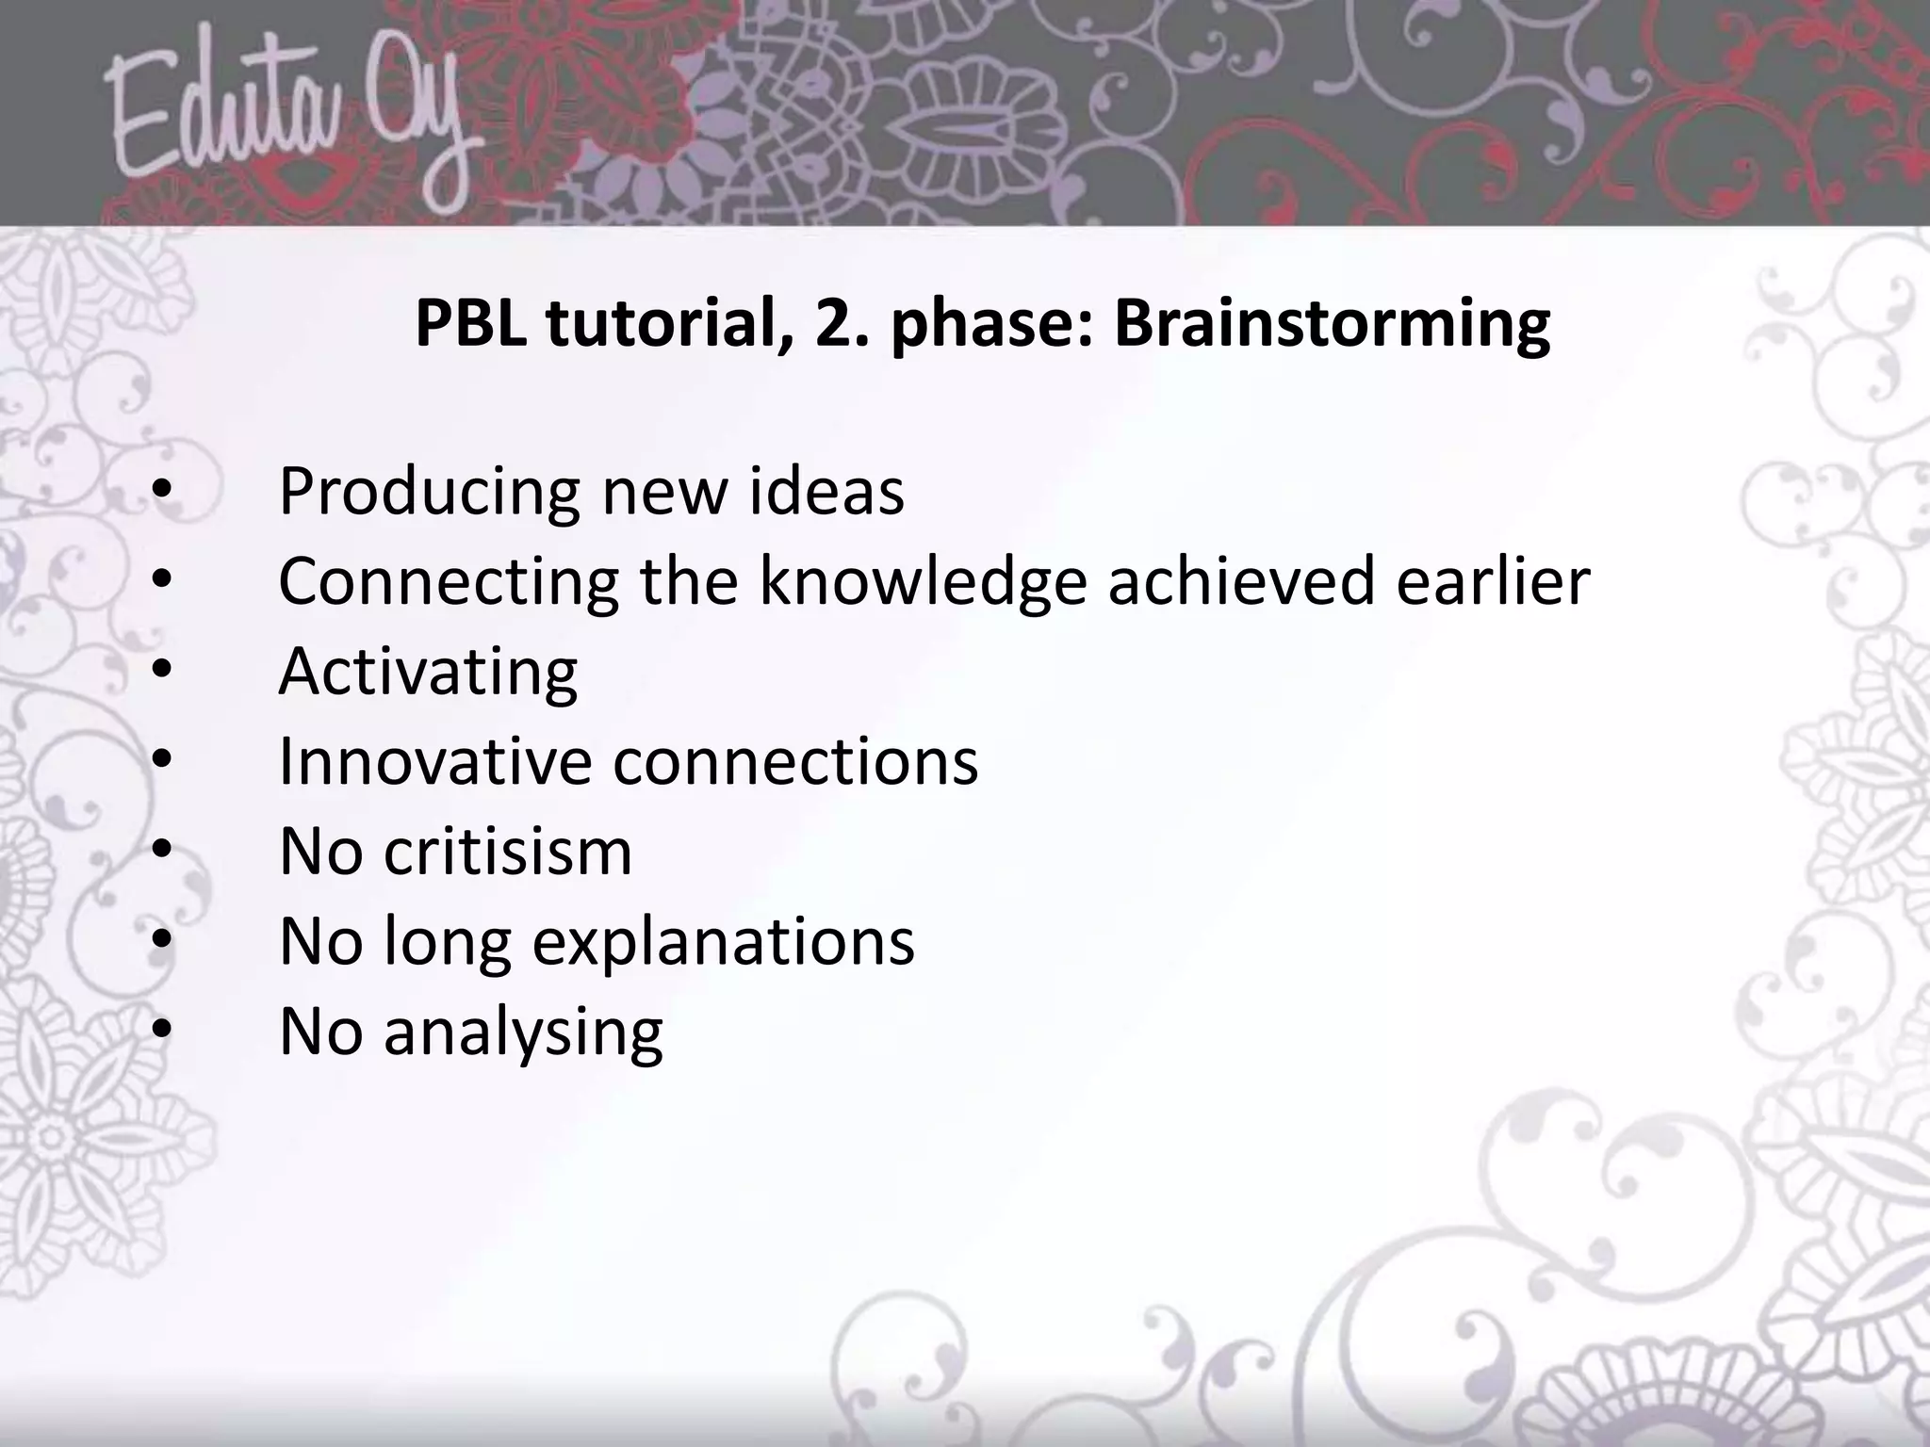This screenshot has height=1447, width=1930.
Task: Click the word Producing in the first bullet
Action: pyautogui.click(x=429, y=494)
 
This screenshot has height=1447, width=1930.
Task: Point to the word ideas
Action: pyautogui.click(x=826, y=492)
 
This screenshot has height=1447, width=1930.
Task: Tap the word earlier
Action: pyautogui.click(x=1493, y=581)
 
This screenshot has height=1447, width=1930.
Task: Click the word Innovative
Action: pyautogui.click(x=433, y=762)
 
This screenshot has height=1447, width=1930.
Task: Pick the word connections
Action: pyautogui.click(x=795, y=762)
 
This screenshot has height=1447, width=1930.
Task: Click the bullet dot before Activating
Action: pyautogui.click(x=162, y=670)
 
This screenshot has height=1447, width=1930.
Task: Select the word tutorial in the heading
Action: pyautogui.click(x=667, y=323)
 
